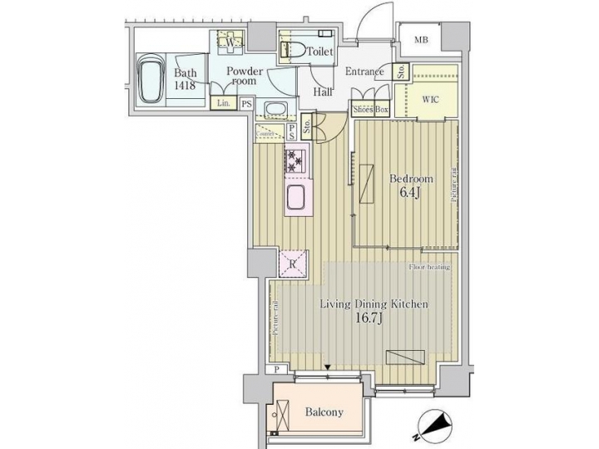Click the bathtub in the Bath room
(x=152, y=81)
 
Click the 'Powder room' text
(x=245, y=76)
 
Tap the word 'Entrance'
(x=364, y=72)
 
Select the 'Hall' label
(x=323, y=91)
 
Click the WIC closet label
(x=430, y=100)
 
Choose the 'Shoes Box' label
(x=370, y=110)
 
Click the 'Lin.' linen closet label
(x=223, y=103)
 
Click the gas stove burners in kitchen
(x=296, y=158)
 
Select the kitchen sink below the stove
(x=297, y=198)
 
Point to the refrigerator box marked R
(x=294, y=264)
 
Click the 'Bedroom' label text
(x=412, y=179)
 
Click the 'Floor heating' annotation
(x=429, y=267)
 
